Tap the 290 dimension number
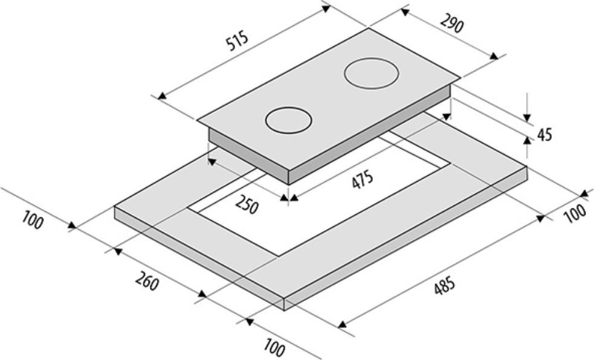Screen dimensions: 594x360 (x=451, y=24)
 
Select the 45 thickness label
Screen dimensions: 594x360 (x=544, y=134)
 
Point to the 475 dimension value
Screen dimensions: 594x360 (x=363, y=180)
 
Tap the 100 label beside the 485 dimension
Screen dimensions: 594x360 (x=575, y=213)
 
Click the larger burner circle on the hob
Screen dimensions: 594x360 (x=371, y=74)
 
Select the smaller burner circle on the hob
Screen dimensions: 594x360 (x=289, y=120)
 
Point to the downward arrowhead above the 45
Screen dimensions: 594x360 (x=527, y=118)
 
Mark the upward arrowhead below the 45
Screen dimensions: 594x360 (x=527, y=141)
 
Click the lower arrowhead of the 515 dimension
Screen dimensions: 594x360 (x=162, y=96)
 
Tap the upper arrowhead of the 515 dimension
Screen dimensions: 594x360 (x=326, y=8)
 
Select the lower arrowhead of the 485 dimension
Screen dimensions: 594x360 (x=342, y=324)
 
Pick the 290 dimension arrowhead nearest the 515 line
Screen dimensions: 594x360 (x=405, y=13)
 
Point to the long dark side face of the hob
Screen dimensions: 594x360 (x=370, y=135)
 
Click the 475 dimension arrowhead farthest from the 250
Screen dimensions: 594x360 (x=447, y=116)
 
